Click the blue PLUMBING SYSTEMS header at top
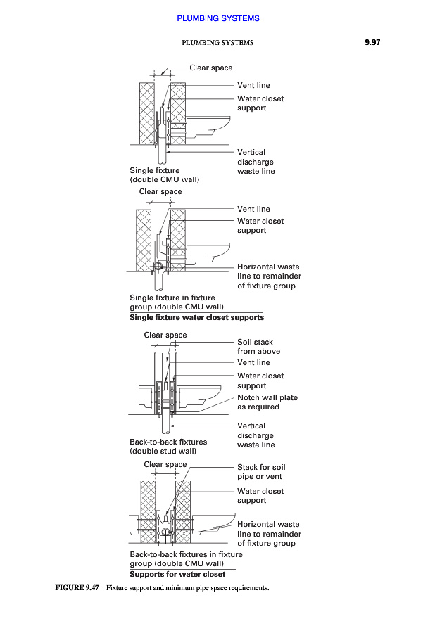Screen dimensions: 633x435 [x=217, y=18]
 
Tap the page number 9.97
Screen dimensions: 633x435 [x=372, y=43]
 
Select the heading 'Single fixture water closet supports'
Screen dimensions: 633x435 [x=196, y=317]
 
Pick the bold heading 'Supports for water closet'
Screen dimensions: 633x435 [x=177, y=574]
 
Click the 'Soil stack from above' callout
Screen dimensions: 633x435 [x=258, y=347]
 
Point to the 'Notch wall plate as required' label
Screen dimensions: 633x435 [x=267, y=402]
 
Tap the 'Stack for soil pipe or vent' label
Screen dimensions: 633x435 [x=261, y=472]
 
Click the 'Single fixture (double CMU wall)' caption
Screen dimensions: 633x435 [x=164, y=175]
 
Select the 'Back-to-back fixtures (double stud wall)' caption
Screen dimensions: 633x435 [x=168, y=447]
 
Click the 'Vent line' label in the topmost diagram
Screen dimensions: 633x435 [x=253, y=86]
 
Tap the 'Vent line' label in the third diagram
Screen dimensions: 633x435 [x=253, y=362]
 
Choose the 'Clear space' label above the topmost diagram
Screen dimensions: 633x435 [x=210, y=68]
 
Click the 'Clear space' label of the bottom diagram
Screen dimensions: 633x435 [x=165, y=464]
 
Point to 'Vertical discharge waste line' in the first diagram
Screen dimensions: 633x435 [x=256, y=162]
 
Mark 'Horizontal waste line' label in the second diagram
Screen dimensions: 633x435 [x=268, y=276]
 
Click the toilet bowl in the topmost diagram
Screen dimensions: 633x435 [x=211, y=127]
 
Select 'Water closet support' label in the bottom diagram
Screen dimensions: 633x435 [x=260, y=496]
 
